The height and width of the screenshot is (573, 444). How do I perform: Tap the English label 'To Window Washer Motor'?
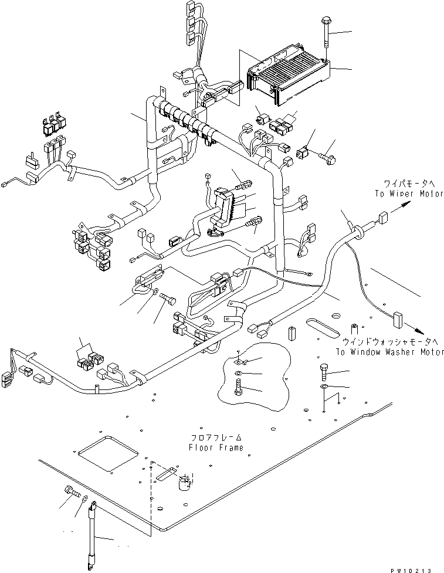(x=390, y=352)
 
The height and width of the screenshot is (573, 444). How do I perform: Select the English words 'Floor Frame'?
(x=216, y=447)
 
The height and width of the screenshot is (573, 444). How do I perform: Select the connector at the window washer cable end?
(x=398, y=320)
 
